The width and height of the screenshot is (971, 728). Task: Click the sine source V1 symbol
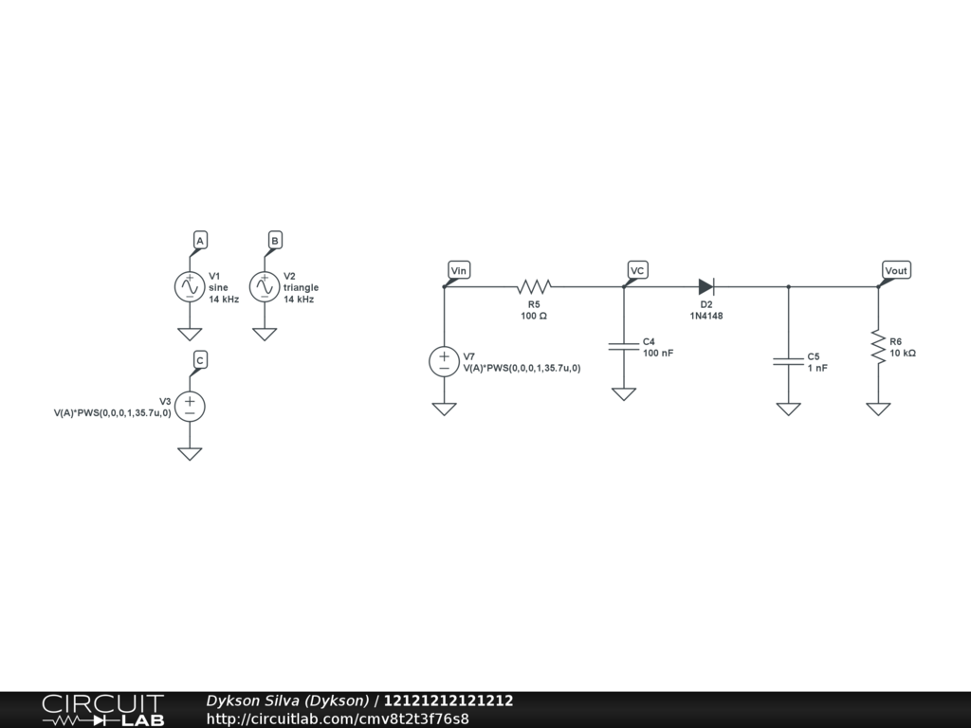(x=190, y=286)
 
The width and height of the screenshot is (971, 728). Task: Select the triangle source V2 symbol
(x=265, y=286)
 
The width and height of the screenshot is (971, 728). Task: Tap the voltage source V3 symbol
(x=190, y=407)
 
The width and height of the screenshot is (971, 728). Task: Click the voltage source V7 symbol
(x=444, y=362)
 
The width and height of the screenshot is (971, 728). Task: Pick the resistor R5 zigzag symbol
(x=534, y=285)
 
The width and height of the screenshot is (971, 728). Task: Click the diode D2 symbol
(x=705, y=285)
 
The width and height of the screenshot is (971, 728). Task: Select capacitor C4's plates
(x=623, y=346)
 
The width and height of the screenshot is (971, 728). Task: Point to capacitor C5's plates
(x=788, y=361)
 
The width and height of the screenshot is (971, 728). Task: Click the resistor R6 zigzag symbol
(x=878, y=346)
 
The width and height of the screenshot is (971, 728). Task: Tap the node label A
(x=200, y=241)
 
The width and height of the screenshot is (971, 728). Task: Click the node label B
(x=275, y=241)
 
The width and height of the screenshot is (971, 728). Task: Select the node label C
(x=200, y=360)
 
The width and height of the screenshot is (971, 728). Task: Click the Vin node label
(x=459, y=271)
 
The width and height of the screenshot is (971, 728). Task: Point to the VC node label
(x=638, y=271)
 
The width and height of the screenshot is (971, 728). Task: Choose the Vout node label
(x=895, y=271)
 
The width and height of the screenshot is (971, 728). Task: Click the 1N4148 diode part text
(x=705, y=316)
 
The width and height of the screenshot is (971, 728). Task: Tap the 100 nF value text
(x=658, y=353)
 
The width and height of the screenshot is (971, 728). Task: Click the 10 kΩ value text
(x=903, y=353)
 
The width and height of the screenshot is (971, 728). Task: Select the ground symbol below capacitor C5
(x=788, y=409)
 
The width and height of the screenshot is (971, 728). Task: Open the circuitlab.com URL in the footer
(x=338, y=719)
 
